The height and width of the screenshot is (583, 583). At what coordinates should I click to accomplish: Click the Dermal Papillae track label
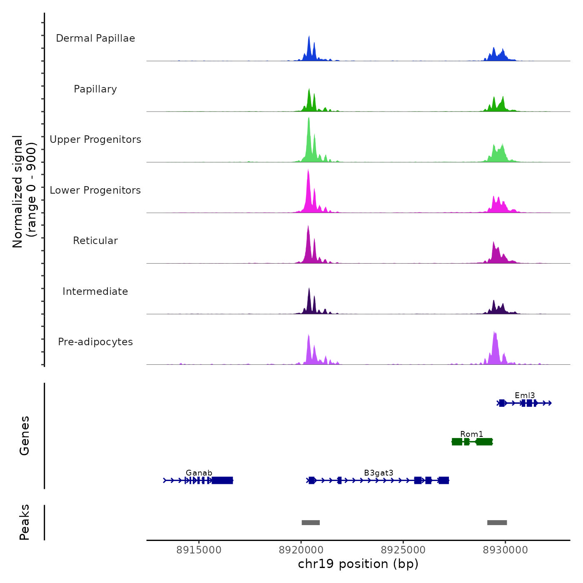[95, 38]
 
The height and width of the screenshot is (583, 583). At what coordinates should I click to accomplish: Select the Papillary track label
[95, 89]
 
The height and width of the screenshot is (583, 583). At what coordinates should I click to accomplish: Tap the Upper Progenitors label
[95, 140]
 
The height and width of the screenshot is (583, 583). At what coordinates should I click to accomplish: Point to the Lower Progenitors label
[95, 190]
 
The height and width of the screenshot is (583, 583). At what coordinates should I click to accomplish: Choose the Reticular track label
[95, 241]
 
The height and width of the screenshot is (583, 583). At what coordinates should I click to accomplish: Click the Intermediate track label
[95, 291]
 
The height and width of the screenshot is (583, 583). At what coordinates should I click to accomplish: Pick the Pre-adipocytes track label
[95, 342]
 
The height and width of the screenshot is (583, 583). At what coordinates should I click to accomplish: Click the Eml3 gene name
[525, 395]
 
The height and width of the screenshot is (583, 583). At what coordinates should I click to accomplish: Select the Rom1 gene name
[471, 434]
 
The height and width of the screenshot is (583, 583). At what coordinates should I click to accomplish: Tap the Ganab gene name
[199, 473]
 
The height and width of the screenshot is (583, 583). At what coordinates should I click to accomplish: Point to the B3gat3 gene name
[379, 473]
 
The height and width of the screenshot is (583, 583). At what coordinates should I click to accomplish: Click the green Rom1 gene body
[472, 442]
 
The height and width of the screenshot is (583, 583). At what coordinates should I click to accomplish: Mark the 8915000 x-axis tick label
[199, 550]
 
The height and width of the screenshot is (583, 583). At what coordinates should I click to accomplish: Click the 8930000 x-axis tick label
[506, 550]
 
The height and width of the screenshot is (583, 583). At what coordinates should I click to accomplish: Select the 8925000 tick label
[403, 550]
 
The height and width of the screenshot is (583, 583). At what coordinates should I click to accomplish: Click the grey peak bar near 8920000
[311, 523]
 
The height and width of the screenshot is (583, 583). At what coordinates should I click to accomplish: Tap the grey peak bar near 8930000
[497, 523]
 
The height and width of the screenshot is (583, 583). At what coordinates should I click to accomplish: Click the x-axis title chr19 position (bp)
[358, 564]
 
